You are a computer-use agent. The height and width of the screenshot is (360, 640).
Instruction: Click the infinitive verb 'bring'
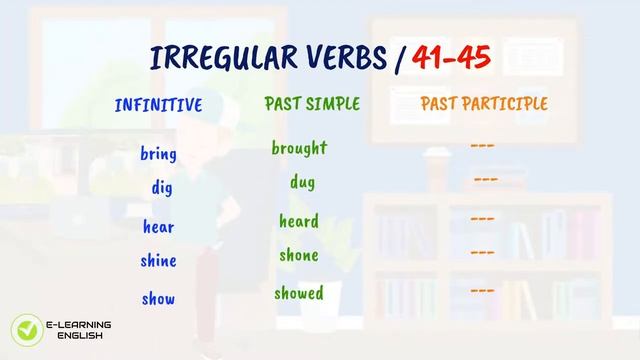[x=159, y=154]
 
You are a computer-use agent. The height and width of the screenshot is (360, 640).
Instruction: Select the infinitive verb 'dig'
[x=163, y=187]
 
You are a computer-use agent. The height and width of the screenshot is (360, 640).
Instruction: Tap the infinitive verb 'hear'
[x=159, y=227]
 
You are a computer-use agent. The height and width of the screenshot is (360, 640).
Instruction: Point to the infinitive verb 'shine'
[x=159, y=261]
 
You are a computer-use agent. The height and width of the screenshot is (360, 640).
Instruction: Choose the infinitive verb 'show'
[x=159, y=298]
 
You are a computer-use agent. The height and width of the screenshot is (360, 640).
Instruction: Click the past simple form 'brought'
[x=299, y=148]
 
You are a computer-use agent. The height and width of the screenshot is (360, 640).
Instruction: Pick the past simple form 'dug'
[x=303, y=183]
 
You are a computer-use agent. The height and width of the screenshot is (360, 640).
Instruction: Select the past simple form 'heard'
[x=299, y=221]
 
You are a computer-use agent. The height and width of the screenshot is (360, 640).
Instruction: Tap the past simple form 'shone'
[x=299, y=255]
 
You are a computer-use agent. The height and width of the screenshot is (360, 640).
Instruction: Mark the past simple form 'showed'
[x=299, y=293]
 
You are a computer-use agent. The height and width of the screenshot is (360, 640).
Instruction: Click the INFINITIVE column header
[x=159, y=105]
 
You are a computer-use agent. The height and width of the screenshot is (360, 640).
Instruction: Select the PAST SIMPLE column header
[x=312, y=104]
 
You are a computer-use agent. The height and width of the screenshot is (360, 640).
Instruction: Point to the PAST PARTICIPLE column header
[x=484, y=104]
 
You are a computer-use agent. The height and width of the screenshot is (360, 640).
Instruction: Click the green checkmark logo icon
[x=24, y=329]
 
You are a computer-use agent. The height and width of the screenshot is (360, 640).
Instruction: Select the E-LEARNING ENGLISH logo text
[x=79, y=330]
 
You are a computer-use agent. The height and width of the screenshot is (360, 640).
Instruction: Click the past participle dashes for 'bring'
[x=483, y=146]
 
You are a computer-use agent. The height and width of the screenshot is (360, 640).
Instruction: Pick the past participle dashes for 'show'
[x=483, y=290]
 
